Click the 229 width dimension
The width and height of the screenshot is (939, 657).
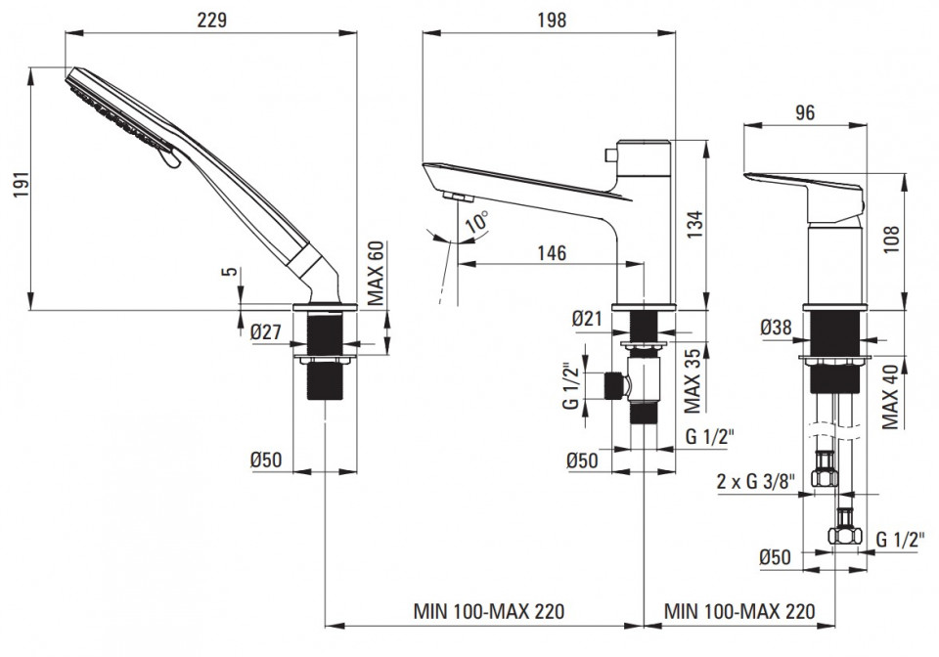(212, 20)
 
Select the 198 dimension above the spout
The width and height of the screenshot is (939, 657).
(552, 20)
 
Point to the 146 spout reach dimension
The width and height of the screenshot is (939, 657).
(551, 253)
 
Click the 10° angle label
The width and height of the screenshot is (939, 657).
(477, 222)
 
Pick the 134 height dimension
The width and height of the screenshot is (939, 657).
(694, 224)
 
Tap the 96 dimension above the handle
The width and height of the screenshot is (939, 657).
(805, 111)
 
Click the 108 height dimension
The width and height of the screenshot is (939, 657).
(891, 240)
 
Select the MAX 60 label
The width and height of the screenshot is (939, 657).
(376, 274)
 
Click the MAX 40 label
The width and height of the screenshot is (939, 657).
(890, 397)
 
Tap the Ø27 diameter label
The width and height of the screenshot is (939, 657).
(266, 330)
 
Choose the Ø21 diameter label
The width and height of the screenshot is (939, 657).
(586, 319)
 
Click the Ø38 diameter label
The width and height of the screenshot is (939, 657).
(776, 328)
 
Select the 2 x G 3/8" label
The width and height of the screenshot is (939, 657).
(756, 481)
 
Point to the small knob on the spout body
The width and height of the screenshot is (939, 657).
(611, 155)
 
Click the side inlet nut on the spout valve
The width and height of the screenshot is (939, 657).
(613, 386)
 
